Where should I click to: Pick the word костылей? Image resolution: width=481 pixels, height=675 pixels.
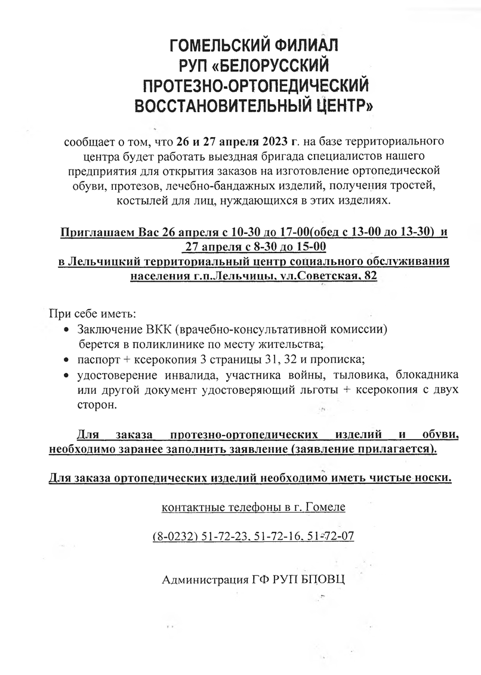click(119, 201)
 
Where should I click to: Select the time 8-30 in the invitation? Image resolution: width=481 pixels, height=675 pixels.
click(258, 246)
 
